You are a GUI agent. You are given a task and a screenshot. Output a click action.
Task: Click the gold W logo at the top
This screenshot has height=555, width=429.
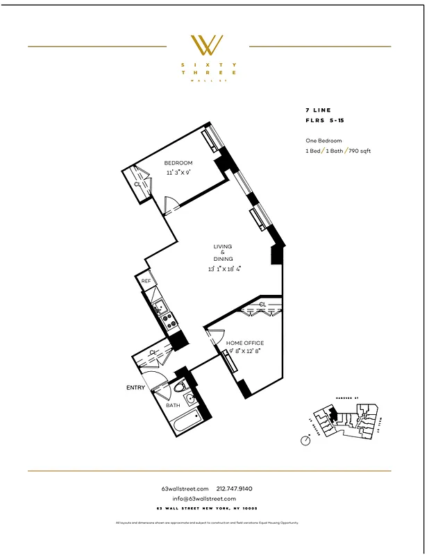tap(208, 45)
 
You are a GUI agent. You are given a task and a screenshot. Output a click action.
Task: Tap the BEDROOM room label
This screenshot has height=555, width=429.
tap(178, 162)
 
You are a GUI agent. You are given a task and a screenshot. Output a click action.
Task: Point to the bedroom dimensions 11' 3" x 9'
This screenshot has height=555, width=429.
tap(178, 172)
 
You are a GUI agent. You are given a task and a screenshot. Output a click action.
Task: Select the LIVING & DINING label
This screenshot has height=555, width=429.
tap(222, 253)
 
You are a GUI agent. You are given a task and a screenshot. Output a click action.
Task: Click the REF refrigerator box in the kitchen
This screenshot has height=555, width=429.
tap(146, 281)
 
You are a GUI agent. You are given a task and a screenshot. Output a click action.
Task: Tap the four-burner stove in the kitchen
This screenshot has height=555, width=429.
tap(167, 321)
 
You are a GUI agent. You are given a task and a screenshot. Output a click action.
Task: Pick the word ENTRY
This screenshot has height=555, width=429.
tap(135, 387)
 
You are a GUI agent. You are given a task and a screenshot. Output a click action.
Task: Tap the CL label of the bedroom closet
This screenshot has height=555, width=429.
tap(137, 185)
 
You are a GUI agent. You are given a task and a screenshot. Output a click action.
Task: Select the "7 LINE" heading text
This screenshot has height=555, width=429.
tap(318, 110)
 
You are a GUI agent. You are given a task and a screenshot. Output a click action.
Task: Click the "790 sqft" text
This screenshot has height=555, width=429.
tap(359, 151)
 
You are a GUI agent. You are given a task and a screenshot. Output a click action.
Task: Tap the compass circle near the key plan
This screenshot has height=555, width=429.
tap(305, 441)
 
